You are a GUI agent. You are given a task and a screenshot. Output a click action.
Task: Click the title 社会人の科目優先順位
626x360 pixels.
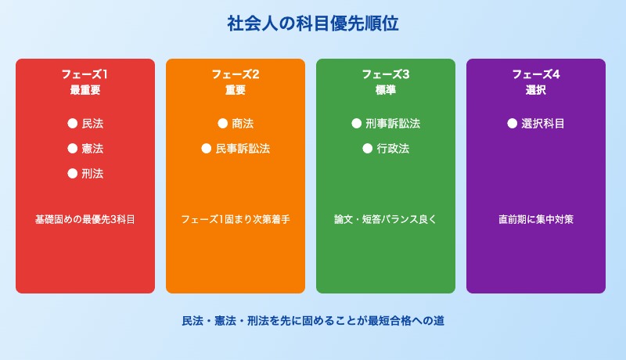point(313,24)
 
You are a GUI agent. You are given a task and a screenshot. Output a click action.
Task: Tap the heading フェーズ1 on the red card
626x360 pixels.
point(85,74)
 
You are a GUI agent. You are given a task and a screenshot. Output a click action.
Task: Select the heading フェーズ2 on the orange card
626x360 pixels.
point(236,74)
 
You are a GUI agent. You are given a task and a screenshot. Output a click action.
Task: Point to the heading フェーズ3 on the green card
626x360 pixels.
point(386,74)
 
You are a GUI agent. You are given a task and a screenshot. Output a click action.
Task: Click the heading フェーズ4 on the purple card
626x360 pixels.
point(536,74)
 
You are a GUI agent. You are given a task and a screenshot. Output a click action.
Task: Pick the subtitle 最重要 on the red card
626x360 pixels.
point(85,90)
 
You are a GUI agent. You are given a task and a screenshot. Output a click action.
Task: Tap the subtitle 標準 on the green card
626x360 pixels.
point(386,90)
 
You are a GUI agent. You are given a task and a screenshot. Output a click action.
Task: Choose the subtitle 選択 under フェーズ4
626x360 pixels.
point(536,90)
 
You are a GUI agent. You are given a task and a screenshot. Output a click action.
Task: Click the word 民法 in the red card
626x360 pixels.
point(92,123)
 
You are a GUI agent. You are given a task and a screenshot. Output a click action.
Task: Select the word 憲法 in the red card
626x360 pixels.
point(92,148)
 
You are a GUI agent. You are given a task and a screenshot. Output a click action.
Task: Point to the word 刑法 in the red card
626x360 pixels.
point(92,173)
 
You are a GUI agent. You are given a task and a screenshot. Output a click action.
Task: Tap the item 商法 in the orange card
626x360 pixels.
point(243,123)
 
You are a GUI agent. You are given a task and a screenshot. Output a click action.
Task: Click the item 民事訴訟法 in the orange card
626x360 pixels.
point(243,148)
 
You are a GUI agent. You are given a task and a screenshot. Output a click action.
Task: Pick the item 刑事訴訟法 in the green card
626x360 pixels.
point(393,123)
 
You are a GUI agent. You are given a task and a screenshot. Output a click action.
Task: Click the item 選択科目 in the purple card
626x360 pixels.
point(543,123)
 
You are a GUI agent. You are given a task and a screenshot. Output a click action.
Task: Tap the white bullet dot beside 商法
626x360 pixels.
point(222,123)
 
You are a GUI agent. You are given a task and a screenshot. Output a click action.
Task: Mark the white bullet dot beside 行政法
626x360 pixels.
point(367,148)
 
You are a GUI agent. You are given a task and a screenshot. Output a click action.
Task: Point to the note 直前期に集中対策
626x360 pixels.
point(536,219)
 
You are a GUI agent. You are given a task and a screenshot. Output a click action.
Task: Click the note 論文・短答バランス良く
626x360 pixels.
point(386,219)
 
